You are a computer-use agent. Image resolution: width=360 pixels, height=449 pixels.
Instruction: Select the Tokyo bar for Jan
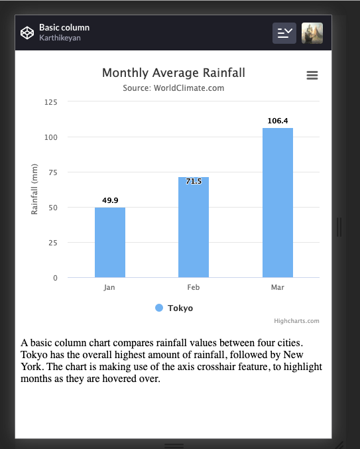tap(110, 242)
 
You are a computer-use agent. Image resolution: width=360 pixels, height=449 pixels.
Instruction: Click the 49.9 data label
tap(110, 200)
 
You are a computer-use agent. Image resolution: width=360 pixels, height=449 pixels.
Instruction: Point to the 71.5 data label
tap(194, 181)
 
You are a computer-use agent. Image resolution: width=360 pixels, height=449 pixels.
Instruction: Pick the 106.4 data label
tap(278, 121)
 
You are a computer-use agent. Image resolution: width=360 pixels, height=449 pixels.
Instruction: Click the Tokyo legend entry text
tap(180, 308)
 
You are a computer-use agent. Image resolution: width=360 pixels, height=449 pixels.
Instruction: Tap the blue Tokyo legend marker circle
tap(159, 308)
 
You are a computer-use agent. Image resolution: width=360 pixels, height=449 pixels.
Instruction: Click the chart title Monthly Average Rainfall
tap(169, 73)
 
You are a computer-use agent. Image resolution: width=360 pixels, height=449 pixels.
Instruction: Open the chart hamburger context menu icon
tap(312, 76)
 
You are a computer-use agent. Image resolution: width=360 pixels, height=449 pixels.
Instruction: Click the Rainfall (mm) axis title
tap(34, 190)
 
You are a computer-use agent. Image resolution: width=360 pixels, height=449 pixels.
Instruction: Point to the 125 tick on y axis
tap(51, 102)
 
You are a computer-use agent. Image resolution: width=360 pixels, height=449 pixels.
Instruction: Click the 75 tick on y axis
tap(53, 172)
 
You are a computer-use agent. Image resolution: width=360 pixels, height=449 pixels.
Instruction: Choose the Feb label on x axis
tap(194, 288)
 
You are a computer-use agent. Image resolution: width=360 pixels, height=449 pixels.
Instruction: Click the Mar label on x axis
tap(278, 288)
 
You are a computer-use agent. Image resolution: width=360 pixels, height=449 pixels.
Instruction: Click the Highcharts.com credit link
tap(296, 321)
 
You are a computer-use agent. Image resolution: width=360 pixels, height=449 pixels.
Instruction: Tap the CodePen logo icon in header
tap(27, 32)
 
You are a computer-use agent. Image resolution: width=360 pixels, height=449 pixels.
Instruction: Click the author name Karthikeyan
tap(59, 38)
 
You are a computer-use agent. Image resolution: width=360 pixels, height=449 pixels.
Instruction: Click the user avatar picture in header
tap(312, 32)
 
